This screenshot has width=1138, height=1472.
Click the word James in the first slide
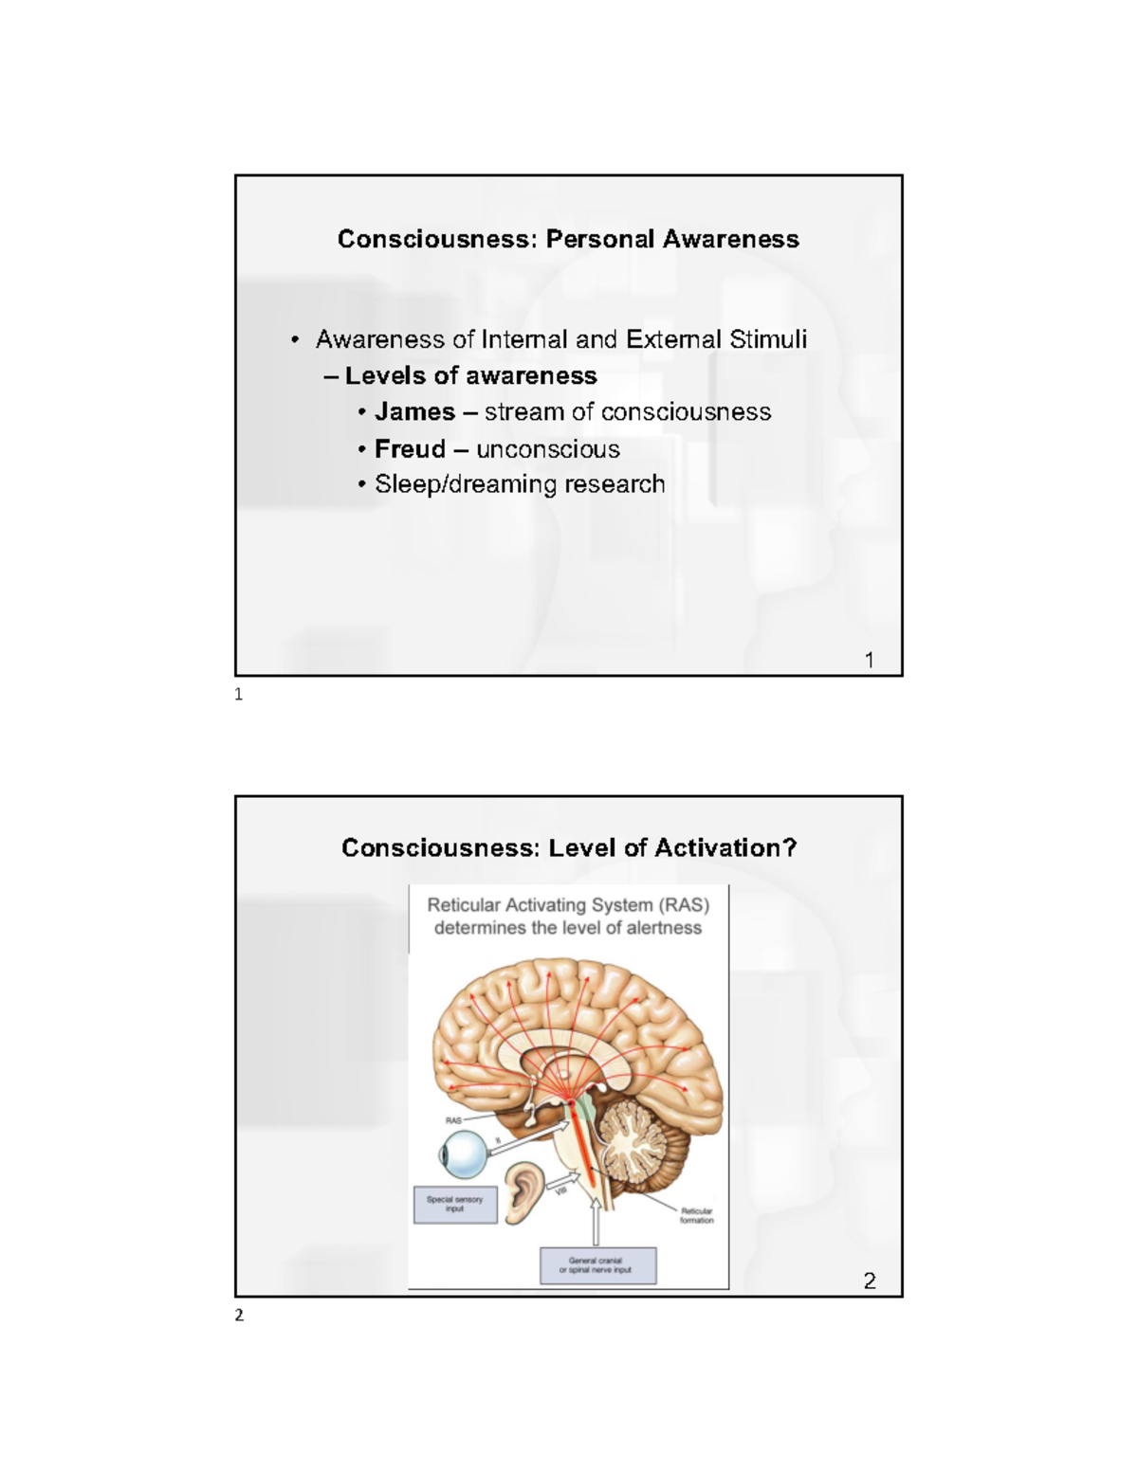click(x=414, y=412)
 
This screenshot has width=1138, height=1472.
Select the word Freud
click(x=410, y=449)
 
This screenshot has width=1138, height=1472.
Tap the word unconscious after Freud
click(x=548, y=449)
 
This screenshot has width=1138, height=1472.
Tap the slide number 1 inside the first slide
click(x=870, y=660)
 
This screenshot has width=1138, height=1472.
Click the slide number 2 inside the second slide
click(x=870, y=1281)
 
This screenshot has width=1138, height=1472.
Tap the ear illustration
click(x=524, y=1192)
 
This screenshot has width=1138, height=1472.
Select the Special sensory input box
click(x=455, y=1204)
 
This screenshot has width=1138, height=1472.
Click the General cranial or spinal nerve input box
click(x=597, y=1265)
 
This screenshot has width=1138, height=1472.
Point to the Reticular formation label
click(x=696, y=1215)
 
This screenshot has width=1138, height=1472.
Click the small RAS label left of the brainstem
click(x=453, y=1120)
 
